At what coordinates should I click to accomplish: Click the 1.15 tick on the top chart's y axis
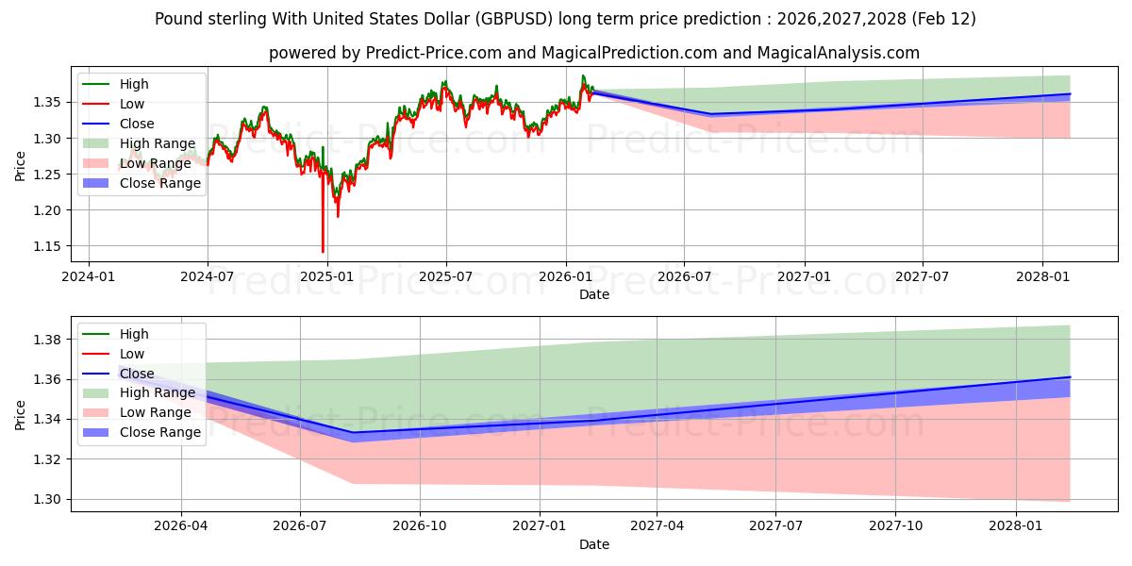click(x=49, y=246)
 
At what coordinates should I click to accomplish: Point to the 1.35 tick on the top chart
click(x=49, y=102)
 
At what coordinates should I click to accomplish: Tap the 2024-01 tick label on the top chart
click(x=89, y=276)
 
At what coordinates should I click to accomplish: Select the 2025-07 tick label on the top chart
click(x=445, y=276)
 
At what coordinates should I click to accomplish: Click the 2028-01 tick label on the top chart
click(x=1042, y=276)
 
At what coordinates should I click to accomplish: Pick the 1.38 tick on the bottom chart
click(x=49, y=340)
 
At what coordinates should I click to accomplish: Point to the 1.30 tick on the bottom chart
click(x=49, y=499)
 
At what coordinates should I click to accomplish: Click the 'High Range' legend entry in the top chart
click(x=148, y=143)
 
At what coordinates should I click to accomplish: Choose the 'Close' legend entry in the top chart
click(x=137, y=124)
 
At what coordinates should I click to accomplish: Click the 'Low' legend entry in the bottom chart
click(x=133, y=354)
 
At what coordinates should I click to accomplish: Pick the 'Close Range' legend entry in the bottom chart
click(x=160, y=432)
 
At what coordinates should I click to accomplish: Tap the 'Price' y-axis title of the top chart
click(x=21, y=165)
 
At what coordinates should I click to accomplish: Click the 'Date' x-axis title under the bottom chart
click(x=594, y=544)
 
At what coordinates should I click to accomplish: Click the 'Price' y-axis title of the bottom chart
click(x=21, y=414)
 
